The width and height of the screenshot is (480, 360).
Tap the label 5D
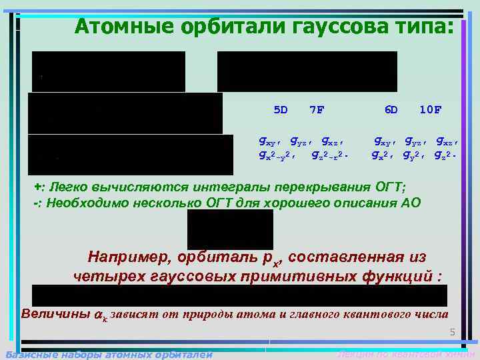tap(280, 109)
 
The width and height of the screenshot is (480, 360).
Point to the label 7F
tap(317, 109)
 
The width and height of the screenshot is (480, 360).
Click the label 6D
tap(391, 109)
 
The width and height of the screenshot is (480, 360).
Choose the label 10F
tap(430, 109)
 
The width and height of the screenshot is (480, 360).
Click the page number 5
tap(451, 333)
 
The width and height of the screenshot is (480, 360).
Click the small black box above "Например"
tap(230, 229)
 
